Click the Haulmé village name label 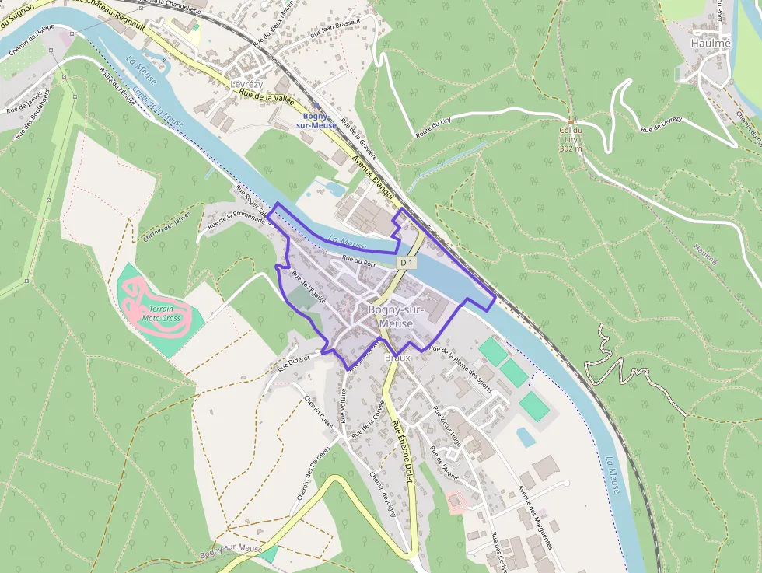(x=711, y=44)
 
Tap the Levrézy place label (x=246, y=84)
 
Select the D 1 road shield (x=406, y=264)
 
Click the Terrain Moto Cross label (x=161, y=313)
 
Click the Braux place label (x=398, y=358)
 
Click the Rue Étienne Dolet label (x=401, y=452)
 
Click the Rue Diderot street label (x=294, y=359)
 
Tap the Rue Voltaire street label (x=341, y=404)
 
